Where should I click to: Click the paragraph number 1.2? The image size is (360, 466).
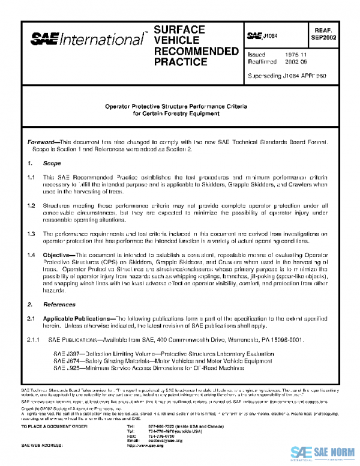point(32,205)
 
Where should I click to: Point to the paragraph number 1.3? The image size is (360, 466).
point(32,232)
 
